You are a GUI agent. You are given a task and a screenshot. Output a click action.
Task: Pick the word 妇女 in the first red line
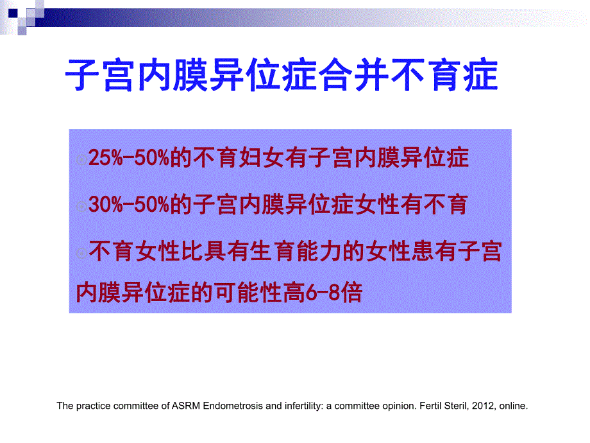click(276, 159)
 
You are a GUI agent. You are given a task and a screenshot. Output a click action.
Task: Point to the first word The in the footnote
click(65, 406)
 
